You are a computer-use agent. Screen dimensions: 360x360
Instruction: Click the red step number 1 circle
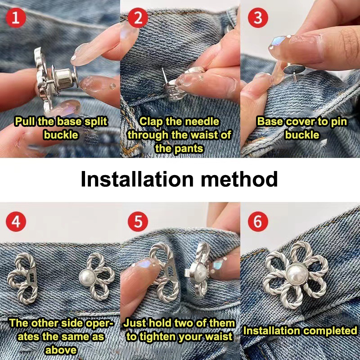coord(16,18)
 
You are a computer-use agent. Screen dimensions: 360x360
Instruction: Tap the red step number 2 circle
coord(138,18)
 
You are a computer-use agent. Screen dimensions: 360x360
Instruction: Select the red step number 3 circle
coord(258,18)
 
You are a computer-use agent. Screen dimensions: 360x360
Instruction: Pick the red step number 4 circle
coord(16,221)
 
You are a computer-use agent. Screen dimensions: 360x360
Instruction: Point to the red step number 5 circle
coord(138,221)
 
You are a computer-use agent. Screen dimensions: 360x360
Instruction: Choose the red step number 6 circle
coord(258,221)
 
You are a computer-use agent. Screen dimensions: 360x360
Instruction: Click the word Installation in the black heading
coord(137,179)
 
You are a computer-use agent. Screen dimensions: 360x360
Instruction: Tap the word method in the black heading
coord(239,179)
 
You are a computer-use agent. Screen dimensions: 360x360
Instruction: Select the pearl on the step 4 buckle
coord(87,277)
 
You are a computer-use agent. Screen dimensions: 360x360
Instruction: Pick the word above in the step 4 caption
coord(61,350)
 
